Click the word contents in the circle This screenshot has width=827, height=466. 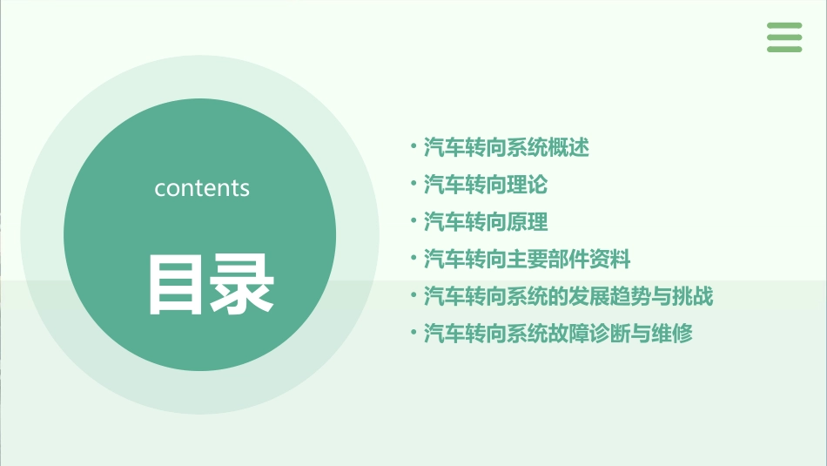point(202,188)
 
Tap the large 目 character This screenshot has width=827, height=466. point(177,284)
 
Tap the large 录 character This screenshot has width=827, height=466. point(243,284)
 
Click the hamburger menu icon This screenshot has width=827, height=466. point(784,37)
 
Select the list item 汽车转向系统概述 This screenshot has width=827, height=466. point(507,148)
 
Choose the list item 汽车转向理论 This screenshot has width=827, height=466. point(486,185)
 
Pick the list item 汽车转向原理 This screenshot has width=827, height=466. point(486,222)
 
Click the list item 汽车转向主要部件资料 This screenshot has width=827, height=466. point(527,259)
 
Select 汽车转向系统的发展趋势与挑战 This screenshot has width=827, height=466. point(568,296)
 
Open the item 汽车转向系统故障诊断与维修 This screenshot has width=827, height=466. point(558,333)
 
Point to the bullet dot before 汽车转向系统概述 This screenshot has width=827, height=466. point(413,147)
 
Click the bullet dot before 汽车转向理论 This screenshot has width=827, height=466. point(413,184)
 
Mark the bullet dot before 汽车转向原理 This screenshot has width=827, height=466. point(413,221)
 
